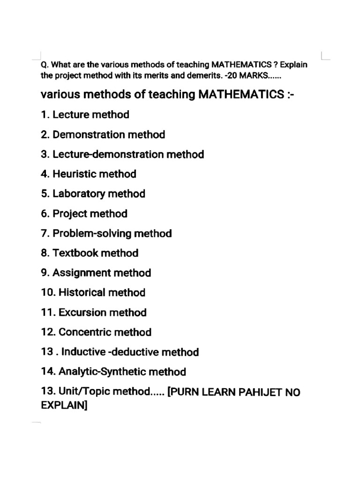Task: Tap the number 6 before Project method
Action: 45,214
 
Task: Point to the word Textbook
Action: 75,253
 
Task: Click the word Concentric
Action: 85,332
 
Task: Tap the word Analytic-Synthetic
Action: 102,372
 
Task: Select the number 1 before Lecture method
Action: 44,115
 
